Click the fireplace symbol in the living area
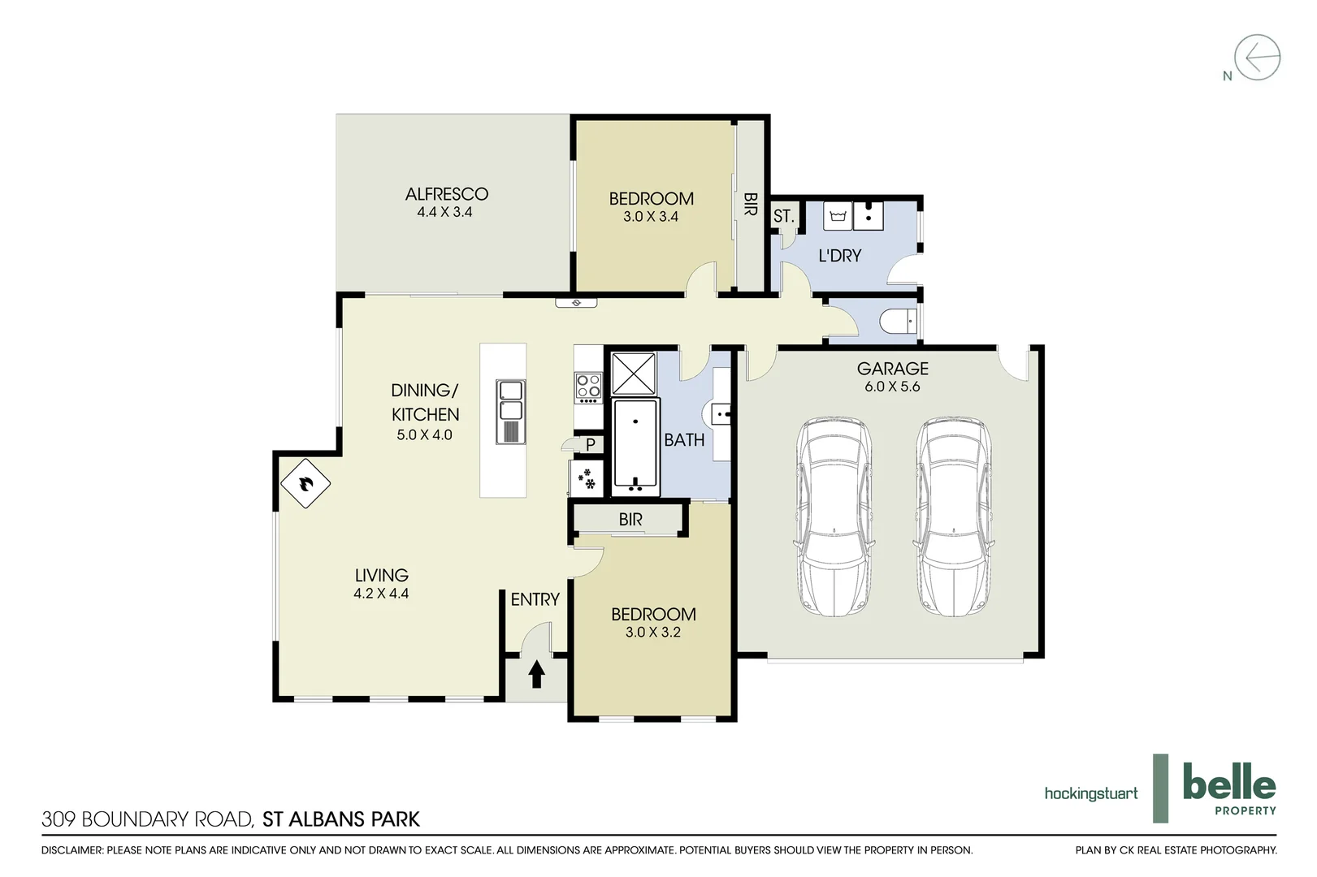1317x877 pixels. click(305, 483)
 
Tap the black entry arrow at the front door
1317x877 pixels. click(536, 674)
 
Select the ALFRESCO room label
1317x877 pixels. click(446, 194)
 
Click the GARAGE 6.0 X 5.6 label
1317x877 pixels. click(892, 377)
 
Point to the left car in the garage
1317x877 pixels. click(834, 516)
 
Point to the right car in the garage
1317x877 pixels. click(953, 516)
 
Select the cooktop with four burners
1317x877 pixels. click(587, 387)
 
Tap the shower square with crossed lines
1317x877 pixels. click(633, 374)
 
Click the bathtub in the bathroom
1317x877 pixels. click(635, 447)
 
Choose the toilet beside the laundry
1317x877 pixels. click(900, 322)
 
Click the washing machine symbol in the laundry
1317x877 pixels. click(838, 216)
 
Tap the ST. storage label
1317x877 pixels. click(783, 217)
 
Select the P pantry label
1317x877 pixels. click(591, 445)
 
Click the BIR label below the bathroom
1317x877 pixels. click(630, 519)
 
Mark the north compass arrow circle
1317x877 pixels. click(1257, 58)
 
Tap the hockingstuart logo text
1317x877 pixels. click(1090, 793)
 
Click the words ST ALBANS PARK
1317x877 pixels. click(340, 819)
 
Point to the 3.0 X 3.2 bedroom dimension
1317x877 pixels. click(652, 632)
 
